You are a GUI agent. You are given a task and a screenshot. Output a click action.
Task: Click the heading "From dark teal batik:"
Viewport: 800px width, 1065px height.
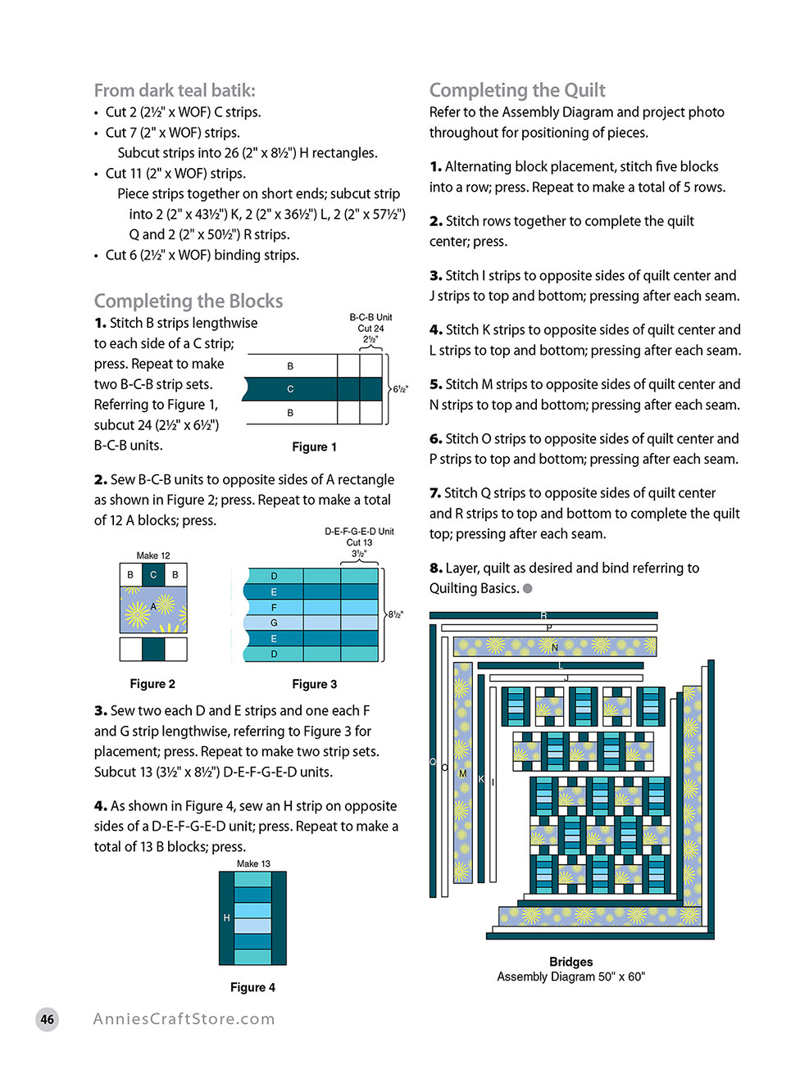point(175,91)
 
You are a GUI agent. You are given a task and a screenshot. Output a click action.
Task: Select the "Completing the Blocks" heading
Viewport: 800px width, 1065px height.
point(189,301)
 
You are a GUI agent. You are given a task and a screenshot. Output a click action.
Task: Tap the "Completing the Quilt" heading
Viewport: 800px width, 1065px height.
point(517,91)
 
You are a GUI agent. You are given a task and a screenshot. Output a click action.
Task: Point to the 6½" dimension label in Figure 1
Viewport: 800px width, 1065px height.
point(400,390)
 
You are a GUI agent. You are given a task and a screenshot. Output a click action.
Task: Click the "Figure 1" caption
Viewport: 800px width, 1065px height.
point(314,447)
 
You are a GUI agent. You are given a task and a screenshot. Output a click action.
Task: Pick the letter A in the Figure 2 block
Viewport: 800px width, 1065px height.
point(153,607)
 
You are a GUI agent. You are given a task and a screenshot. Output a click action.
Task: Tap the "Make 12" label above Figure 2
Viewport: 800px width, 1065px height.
point(153,555)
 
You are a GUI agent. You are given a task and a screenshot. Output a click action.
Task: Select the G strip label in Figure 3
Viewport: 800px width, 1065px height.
point(274,623)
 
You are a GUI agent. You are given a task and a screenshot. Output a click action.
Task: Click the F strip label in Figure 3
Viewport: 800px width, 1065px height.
point(274,608)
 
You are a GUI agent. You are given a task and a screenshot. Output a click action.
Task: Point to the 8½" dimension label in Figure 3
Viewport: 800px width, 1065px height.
point(395,614)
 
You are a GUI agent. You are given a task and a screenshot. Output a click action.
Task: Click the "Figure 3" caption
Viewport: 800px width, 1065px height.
point(314,684)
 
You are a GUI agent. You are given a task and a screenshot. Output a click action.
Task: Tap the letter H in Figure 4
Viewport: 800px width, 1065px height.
point(227,918)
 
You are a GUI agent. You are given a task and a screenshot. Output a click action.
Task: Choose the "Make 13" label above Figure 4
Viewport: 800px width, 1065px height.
point(253,864)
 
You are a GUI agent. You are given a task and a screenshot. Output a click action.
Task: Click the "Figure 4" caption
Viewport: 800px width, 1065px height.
point(252,988)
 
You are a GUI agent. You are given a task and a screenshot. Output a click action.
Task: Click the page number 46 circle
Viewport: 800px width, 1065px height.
point(48,1020)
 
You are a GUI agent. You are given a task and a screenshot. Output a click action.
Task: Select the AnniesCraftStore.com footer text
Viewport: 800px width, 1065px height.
point(184,1019)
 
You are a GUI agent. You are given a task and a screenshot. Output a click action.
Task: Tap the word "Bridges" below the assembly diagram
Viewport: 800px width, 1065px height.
point(570,962)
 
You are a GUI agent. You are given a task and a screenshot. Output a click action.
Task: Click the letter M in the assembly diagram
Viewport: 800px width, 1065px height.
point(462,774)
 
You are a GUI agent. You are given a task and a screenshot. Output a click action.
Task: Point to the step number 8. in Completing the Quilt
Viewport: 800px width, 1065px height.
point(436,569)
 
